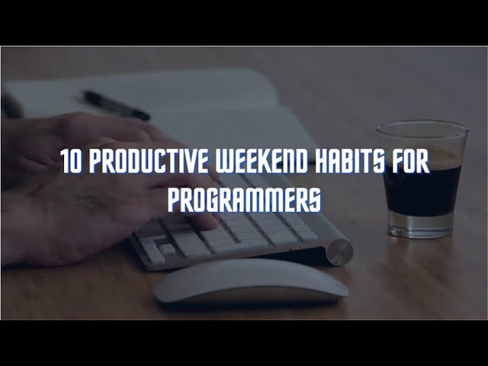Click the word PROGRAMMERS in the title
pyautogui.click(x=244, y=200)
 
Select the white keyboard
pyautogui.click(x=252, y=229)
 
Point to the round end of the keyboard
pyautogui.click(x=340, y=252)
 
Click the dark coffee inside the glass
pyautogui.click(x=421, y=191)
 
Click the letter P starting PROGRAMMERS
pyautogui.click(x=173, y=200)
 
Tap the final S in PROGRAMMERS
pyautogui.click(x=315, y=200)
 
